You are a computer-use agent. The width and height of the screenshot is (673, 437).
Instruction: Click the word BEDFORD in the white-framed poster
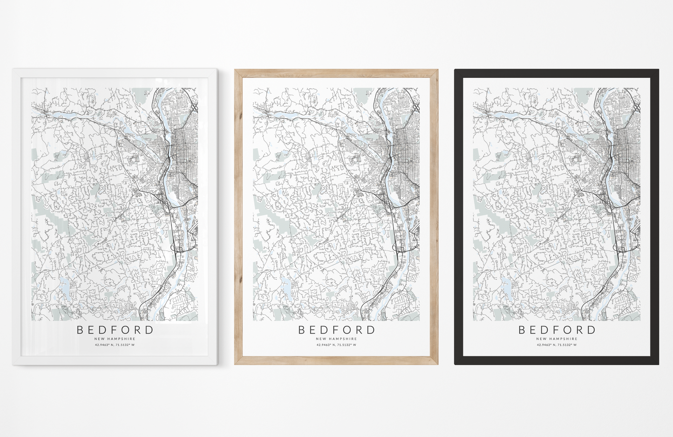coord(115,330)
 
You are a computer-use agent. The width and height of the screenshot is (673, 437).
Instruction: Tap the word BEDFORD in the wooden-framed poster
coord(336,330)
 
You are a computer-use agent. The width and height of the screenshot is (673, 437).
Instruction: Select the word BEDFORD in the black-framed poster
coord(557,330)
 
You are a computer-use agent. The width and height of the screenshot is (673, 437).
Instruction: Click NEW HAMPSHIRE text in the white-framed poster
coord(115,339)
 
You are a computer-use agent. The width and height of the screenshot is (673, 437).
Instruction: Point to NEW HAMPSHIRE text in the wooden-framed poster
coord(336,339)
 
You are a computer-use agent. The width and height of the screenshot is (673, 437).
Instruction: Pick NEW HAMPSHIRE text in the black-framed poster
coord(557,339)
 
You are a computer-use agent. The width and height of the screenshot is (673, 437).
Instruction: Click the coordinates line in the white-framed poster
coord(115,345)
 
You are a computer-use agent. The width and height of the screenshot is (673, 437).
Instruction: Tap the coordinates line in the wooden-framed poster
coord(336,345)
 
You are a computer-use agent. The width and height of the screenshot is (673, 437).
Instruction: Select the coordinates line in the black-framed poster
coord(557,345)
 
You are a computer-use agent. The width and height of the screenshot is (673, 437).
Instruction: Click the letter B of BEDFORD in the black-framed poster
coord(523,330)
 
